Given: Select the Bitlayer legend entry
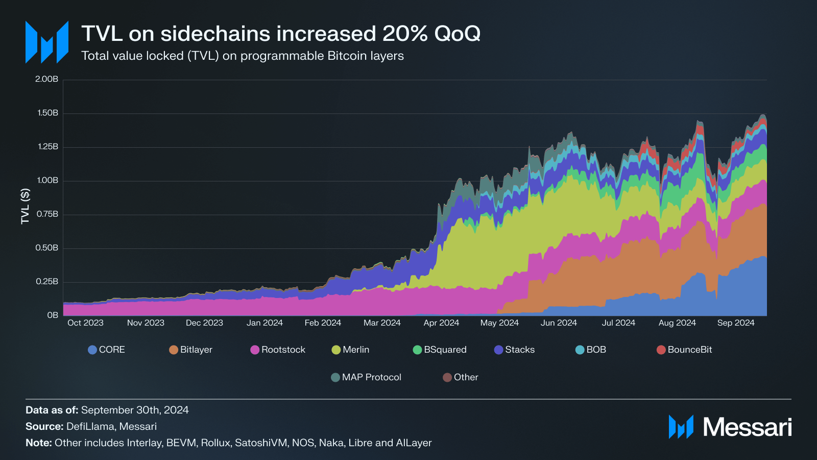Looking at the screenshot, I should coord(190,350).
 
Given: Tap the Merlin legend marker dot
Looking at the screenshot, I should coord(336,350).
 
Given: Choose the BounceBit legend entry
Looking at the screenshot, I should coord(684,350).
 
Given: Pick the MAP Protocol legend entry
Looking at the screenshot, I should coord(366,377).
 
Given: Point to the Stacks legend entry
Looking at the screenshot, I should coord(514,350).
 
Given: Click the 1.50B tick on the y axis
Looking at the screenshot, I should coord(47,113).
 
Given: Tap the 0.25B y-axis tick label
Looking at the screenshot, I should coord(47,282).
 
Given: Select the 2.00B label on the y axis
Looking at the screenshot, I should coord(46,79).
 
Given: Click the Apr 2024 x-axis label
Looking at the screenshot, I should coord(441,323).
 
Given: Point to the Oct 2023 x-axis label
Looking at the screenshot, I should coord(85,323).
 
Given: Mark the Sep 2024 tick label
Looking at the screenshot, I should coord(735,323).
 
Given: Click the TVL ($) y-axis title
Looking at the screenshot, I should coord(25,206).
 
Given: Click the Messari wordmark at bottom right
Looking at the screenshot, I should coord(747,427).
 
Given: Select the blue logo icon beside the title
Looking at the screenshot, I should coord(47,42).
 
